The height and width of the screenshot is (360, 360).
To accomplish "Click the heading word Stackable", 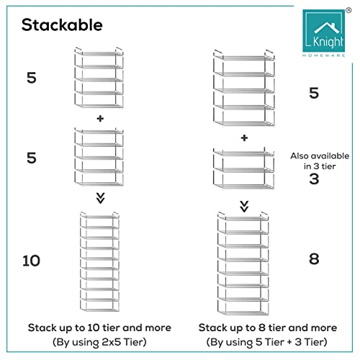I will click(x=62, y=24).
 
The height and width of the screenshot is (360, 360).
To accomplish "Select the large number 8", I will click(x=314, y=259).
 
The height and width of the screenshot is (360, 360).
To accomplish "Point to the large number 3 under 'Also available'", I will click(x=314, y=178).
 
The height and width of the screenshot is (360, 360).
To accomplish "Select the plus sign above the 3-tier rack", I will click(x=245, y=138).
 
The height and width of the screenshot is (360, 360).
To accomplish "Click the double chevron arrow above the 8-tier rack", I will click(x=245, y=205).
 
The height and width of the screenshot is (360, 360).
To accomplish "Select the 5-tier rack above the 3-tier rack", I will click(x=245, y=86).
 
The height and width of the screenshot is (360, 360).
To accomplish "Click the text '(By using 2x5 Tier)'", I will click(x=100, y=343).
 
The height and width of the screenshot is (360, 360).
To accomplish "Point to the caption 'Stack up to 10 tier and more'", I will click(x=100, y=327).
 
